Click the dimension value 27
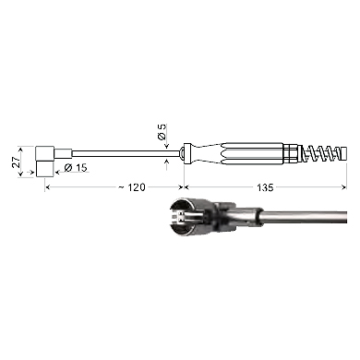[16, 162]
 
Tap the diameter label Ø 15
[76, 168]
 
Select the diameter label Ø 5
[162, 132]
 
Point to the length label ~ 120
[132, 187]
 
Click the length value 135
[265, 187]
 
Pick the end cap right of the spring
[342, 153]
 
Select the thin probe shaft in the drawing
[126, 153]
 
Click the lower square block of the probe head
[45, 169]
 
